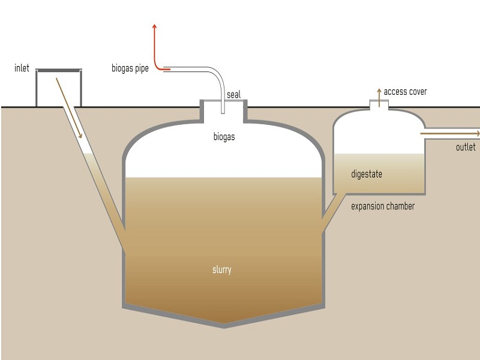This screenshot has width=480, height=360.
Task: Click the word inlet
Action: [22, 68]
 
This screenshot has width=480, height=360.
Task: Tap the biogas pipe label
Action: [130, 68]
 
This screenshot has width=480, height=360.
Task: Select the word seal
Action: [233, 95]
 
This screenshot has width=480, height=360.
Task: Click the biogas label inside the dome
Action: [224, 137]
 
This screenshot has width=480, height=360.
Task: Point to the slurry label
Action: [222, 269]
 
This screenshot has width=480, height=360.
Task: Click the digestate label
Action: [367, 174]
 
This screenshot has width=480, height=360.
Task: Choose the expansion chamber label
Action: [383, 206]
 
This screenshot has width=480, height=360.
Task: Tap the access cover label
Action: [405, 92]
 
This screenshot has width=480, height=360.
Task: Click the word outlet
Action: [466, 147]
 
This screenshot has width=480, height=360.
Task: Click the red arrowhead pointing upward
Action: [155, 26]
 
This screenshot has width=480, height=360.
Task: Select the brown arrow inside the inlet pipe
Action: [69, 108]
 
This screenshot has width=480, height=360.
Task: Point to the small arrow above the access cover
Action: [379, 97]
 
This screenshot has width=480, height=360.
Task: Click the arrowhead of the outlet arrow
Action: [478, 134]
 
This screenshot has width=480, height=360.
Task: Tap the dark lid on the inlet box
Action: [58, 70]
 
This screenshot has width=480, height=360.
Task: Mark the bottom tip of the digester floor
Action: [224, 327]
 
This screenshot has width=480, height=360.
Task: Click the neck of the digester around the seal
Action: [223, 110]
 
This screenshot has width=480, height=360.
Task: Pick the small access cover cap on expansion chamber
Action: [379, 104]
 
